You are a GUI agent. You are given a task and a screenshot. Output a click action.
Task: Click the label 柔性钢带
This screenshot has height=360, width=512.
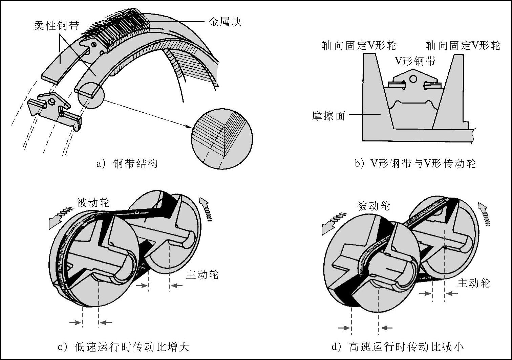[57, 26]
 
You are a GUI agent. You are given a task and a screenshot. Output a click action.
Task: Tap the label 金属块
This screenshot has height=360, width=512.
[225, 22]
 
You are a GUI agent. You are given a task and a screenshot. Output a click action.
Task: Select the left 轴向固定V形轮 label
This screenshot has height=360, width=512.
[359, 45]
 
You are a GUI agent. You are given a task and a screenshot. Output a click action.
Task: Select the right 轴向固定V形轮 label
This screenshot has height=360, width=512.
[463, 45]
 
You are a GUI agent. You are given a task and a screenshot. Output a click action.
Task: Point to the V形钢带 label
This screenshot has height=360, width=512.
[415, 61]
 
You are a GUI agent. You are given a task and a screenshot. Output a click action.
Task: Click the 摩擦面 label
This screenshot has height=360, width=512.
[328, 116]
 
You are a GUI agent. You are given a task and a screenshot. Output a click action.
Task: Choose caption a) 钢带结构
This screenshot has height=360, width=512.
[127, 164]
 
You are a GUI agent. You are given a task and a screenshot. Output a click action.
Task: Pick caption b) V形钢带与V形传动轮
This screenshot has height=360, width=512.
[415, 163]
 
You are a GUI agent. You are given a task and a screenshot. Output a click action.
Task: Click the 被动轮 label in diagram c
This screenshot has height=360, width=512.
[93, 202]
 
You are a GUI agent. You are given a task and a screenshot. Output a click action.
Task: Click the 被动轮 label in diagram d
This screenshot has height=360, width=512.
[373, 206]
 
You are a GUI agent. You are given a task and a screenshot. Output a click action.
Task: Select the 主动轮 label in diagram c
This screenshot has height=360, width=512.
[202, 274]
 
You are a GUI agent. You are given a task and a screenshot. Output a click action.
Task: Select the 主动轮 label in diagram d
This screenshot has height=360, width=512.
[473, 283]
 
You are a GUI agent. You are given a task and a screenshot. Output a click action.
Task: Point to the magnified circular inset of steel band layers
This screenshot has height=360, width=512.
[222, 138]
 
